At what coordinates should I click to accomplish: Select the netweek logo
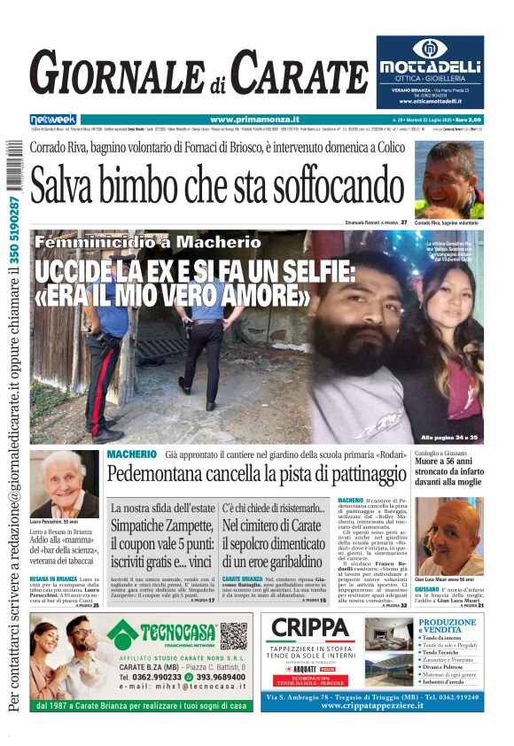(x=53, y=119)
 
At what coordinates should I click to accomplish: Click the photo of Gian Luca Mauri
(x=448, y=536)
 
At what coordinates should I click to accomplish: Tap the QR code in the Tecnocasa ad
(x=233, y=635)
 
